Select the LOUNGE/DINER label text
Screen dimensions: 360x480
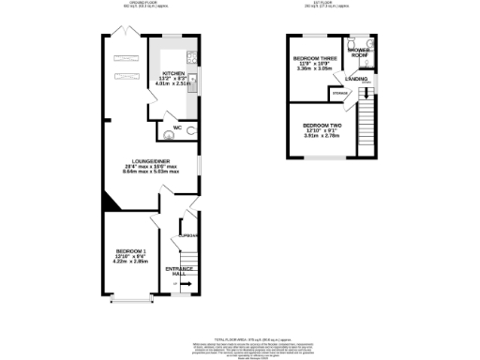[x=151, y=161]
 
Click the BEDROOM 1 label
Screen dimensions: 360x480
[x=131, y=251]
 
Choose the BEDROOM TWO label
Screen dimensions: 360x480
[x=321, y=125]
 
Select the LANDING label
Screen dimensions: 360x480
[x=357, y=79]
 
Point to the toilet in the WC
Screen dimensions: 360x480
[x=190, y=130]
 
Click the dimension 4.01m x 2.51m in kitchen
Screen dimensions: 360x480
[x=176, y=83]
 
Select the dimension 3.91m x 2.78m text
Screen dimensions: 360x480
[x=321, y=136]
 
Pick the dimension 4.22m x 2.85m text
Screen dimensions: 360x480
[x=131, y=262]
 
